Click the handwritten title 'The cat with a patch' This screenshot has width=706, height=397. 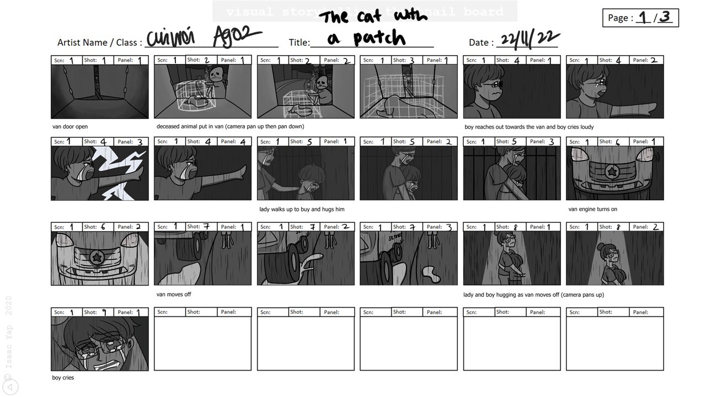click(372, 28)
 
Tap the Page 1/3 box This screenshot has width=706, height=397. click(640, 18)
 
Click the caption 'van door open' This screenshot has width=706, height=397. click(70, 127)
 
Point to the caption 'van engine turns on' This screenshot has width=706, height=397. click(593, 210)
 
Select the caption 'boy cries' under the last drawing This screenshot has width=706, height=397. click(63, 378)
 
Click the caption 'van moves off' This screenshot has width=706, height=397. click(174, 294)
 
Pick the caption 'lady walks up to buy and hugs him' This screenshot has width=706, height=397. click(302, 210)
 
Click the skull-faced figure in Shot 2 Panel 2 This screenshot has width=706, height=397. click(322, 84)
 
